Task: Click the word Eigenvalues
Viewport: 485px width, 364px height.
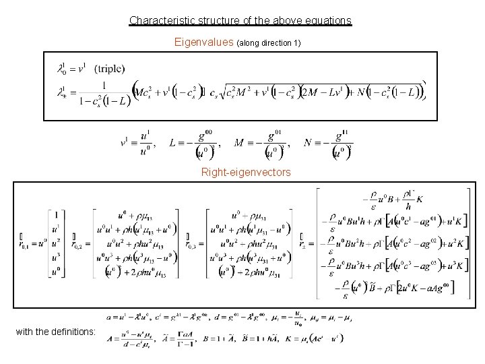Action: click(203, 43)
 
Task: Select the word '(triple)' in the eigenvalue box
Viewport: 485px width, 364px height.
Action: click(109, 69)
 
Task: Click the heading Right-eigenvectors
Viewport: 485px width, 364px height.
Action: click(246, 173)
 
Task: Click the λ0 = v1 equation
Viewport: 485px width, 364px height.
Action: click(74, 69)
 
